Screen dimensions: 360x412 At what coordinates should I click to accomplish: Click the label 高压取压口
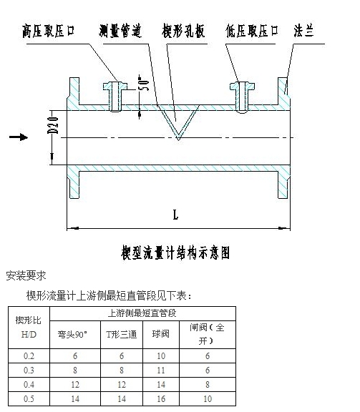click(x=49, y=31)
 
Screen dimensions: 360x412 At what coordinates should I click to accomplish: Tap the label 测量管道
click(x=120, y=31)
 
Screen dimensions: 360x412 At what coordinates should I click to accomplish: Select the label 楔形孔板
click(x=183, y=31)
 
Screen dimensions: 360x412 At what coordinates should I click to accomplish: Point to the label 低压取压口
click(x=252, y=31)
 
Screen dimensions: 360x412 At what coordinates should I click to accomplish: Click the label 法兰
click(x=304, y=31)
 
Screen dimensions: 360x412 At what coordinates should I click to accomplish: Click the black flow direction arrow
click(x=19, y=137)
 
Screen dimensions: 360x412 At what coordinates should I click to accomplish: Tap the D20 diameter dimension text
click(x=53, y=125)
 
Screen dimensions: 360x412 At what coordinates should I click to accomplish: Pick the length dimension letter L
click(x=175, y=215)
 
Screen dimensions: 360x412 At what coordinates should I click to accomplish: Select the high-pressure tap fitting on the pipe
click(x=115, y=97)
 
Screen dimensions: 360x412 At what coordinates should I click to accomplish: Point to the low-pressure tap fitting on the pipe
click(x=242, y=97)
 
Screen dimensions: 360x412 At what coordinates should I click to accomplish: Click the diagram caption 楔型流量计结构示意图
click(x=175, y=252)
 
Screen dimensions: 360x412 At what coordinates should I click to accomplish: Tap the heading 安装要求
click(x=26, y=275)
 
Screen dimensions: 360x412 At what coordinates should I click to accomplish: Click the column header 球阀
click(x=160, y=334)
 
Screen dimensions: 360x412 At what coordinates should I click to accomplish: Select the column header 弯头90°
click(x=72, y=335)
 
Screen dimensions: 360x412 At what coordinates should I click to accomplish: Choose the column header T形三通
click(x=122, y=335)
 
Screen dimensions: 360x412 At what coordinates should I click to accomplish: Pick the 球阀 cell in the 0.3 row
click(x=161, y=371)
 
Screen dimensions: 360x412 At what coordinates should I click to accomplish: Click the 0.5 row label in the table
click(x=29, y=399)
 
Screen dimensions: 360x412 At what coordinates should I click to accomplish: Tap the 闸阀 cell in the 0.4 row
click(x=208, y=385)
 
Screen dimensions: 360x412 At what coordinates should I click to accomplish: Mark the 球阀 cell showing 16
click(x=161, y=399)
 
